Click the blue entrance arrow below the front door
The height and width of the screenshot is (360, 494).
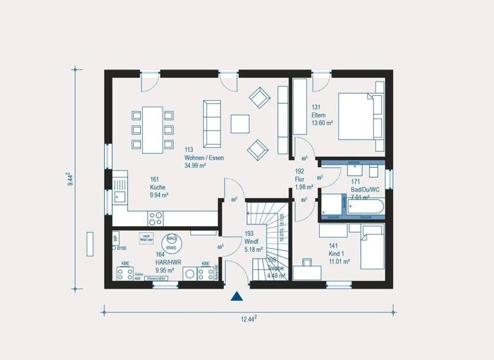tap(237, 296)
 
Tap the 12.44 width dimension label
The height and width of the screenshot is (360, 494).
tap(248, 318)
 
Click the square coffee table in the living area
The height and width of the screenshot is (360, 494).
tap(241, 123)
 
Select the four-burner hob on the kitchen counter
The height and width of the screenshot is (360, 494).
tap(156, 217)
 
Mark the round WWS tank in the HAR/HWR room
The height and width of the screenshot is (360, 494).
tap(172, 243)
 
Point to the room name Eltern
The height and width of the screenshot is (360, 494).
tap(319, 116)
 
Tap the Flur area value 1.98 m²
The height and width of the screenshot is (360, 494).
tap(304, 188)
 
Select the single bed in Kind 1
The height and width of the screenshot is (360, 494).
tap(371, 251)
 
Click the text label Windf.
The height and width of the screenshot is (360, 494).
tap(251, 242)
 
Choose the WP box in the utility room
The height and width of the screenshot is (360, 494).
tap(115, 239)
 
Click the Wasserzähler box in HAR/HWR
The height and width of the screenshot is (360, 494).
tap(157, 278)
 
